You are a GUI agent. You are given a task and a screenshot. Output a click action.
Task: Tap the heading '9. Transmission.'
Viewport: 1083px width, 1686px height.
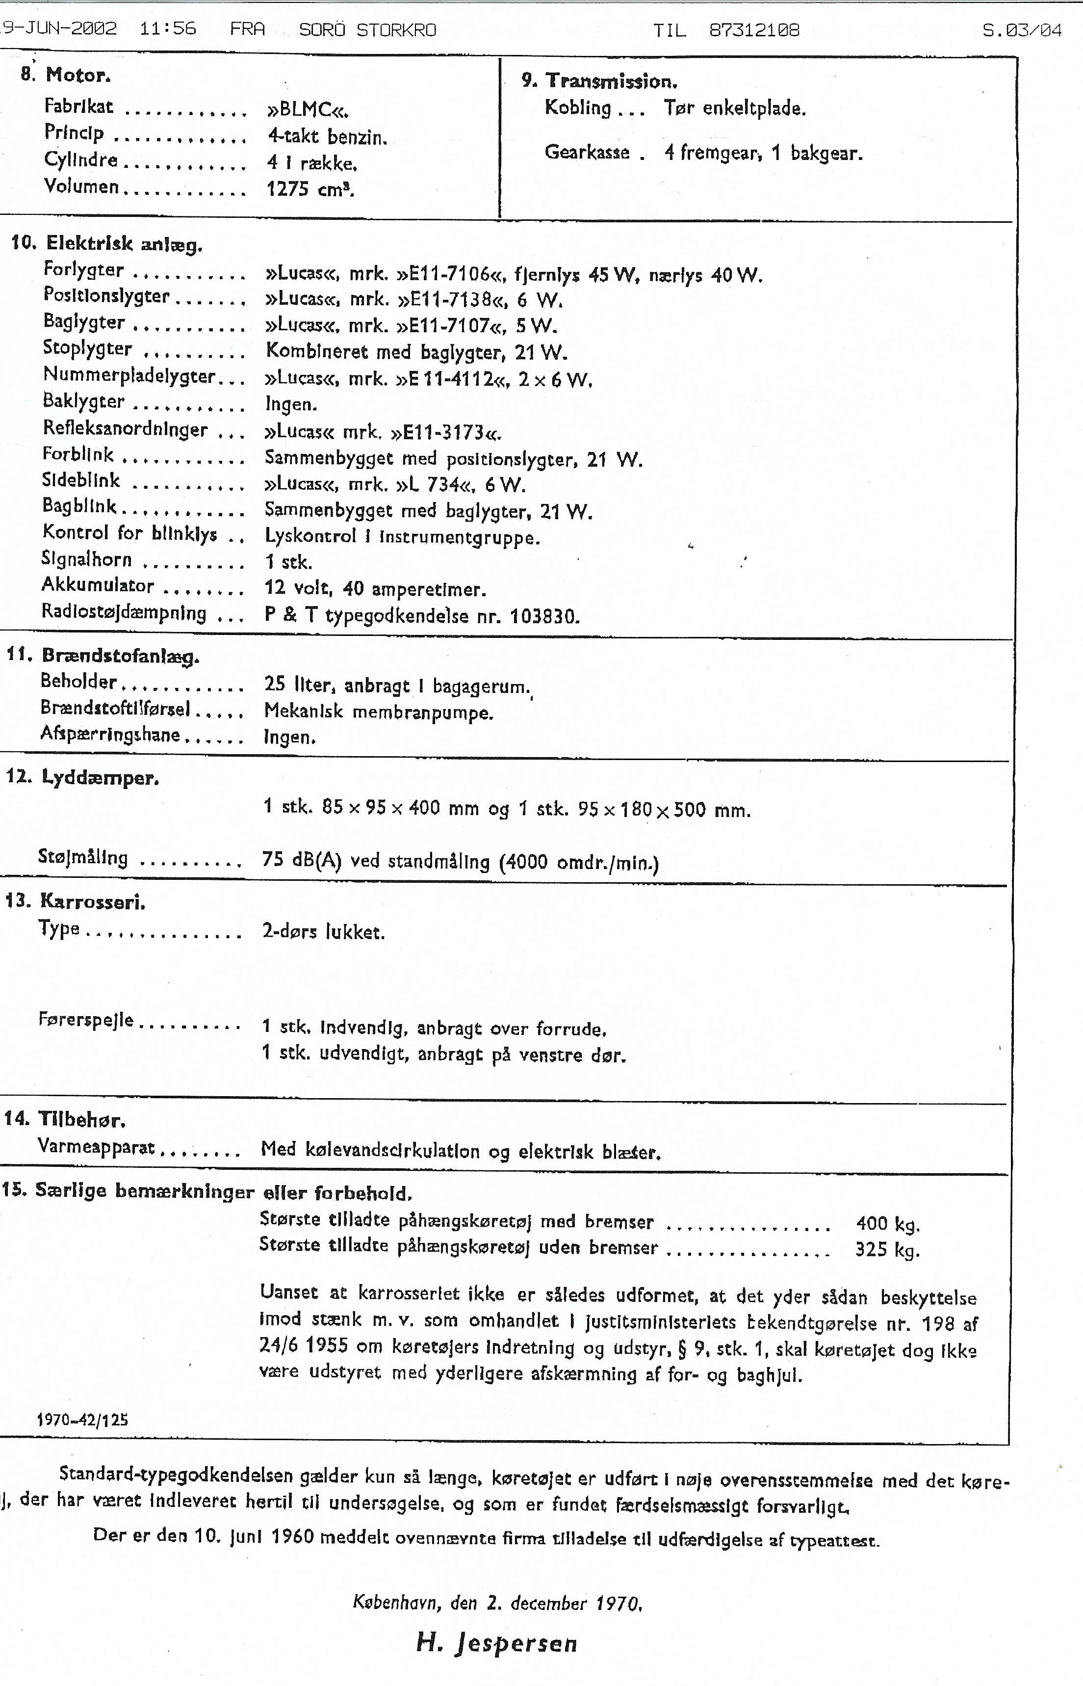coord(599,81)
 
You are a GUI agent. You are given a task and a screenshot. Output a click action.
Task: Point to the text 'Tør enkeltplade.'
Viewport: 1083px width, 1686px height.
coord(735,108)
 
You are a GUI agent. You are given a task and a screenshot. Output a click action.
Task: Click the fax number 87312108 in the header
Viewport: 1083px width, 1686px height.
coord(754,29)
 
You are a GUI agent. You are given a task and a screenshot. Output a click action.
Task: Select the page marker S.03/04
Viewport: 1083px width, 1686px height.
coord(1022,29)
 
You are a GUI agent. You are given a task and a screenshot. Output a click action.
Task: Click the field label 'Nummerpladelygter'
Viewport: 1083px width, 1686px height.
coord(129,376)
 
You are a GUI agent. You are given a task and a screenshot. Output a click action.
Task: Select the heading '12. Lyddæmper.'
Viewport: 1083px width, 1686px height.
coord(82,778)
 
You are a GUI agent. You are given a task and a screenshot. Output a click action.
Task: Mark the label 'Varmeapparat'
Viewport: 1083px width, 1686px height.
coord(96,1147)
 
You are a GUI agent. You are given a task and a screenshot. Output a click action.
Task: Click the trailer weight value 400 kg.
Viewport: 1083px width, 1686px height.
coord(887,1224)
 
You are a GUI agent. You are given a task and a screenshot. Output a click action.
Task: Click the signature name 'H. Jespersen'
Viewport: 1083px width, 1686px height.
coord(496,1643)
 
